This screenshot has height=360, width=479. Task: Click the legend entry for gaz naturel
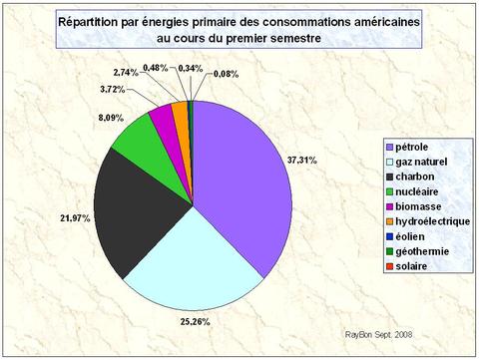point(409,163)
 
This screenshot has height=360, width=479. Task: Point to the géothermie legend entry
point(410,252)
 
